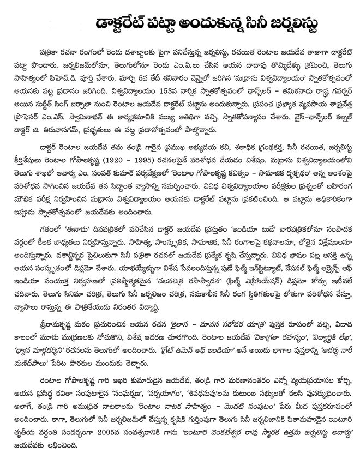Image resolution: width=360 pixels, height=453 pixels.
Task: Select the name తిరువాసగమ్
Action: (x=64, y=136)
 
